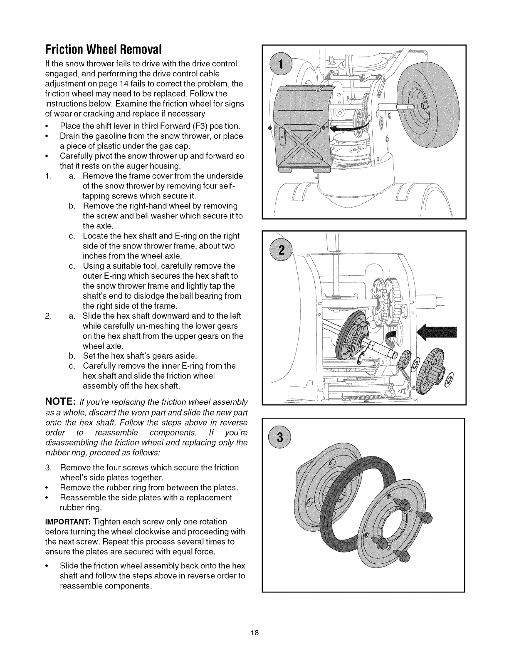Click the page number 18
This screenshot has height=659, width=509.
click(254, 633)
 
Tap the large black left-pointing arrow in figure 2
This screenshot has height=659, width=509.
click(437, 332)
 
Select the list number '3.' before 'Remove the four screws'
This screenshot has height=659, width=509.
click(48, 468)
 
